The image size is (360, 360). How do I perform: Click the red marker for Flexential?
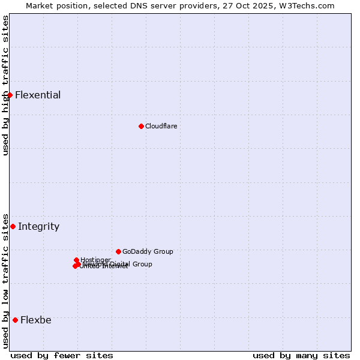10,95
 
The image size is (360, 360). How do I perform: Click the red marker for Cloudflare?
141,126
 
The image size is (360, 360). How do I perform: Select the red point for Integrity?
13,226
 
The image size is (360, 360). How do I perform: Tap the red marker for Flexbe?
15,320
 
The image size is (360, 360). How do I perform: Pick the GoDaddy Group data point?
118,251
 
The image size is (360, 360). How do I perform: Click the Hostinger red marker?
76,260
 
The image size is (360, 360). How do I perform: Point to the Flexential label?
38,95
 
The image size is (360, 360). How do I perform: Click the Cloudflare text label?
161,126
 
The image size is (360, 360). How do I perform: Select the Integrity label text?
38,226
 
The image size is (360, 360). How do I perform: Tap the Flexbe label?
35,320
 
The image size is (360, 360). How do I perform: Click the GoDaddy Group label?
148,251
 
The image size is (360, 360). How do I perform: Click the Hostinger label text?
95,260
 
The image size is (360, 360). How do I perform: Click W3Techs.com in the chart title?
306,5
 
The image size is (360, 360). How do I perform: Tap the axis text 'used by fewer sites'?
62,355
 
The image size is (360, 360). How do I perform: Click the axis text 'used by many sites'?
301,355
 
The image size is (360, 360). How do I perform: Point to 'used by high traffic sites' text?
5,85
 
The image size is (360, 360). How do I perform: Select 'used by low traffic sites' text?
5,281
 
